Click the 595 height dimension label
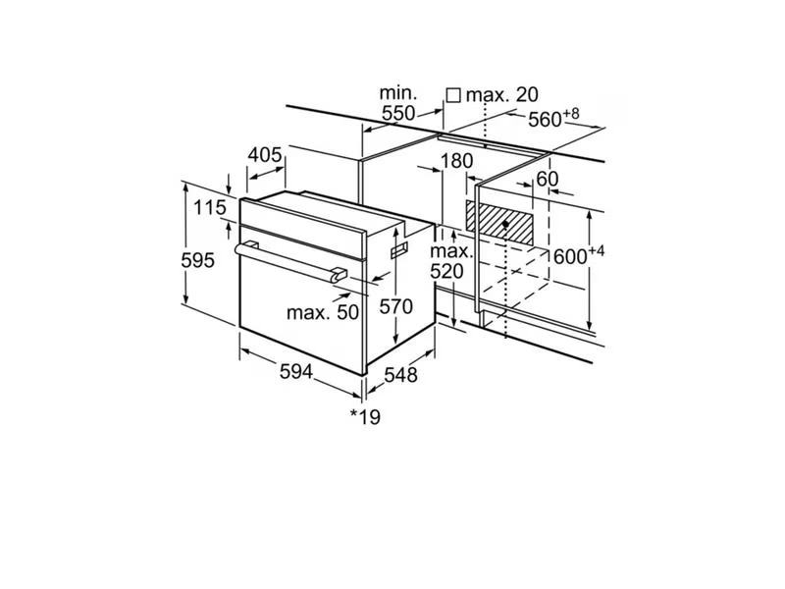(x=198, y=260)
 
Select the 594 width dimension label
(x=296, y=372)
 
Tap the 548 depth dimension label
(x=400, y=375)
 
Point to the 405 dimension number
(x=265, y=155)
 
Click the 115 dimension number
(x=210, y=207)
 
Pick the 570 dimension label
(x=395, y=306)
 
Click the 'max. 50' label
(x=323, y=312)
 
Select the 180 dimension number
(x=456, y=161)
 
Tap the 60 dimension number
(x=547, y=179)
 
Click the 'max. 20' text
(x=502, y=94)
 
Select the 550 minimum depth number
(x=398, y=113)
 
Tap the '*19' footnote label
(x=365, y=416)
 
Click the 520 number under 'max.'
(x=447, y=272)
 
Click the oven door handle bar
(x=290, y=262)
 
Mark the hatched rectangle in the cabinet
(x=499, y=223)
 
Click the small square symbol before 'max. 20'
(x=453, y=95)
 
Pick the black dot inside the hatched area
(x=505, y=224)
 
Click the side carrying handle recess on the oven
(x=399, y=250)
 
